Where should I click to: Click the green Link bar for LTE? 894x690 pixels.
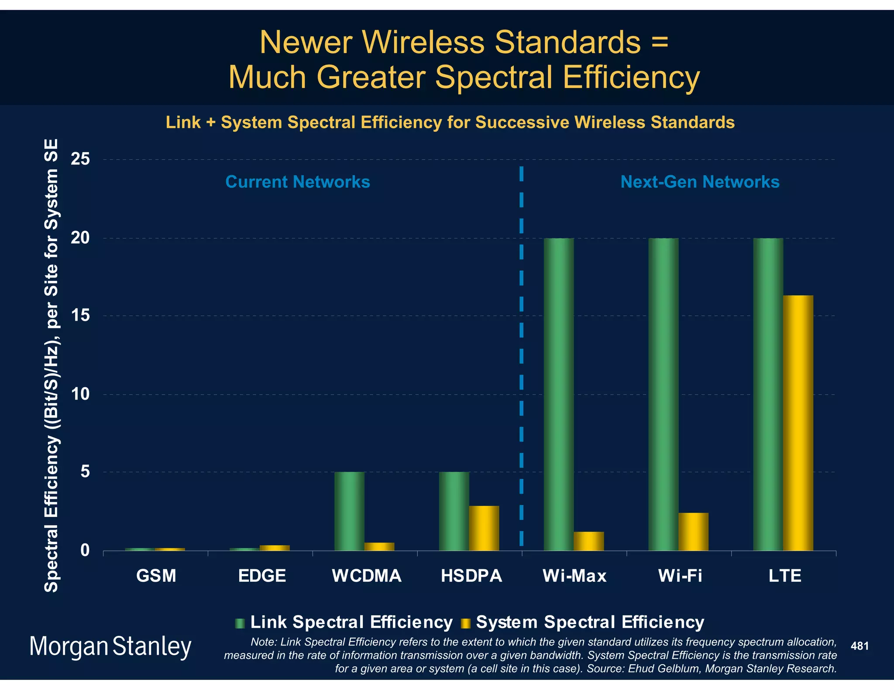(768, 394)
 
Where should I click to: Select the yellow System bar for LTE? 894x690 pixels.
(798, 423)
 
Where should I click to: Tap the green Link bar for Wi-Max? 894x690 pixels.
(558, 394)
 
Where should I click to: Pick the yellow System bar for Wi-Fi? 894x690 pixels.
(693, 532)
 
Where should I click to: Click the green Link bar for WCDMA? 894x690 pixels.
(349, 511)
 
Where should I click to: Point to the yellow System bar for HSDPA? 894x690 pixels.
(484, 528)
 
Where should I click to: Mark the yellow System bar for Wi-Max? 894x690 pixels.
(588, 541)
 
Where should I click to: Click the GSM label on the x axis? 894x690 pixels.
(156, 576)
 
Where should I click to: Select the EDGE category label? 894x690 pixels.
(262, 576)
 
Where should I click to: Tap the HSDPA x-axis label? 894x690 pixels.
(471, 576)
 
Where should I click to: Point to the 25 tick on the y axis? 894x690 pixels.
(80, 159)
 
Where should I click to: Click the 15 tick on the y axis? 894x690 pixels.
(80, 315)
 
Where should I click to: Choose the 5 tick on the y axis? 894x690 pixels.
(85, 471)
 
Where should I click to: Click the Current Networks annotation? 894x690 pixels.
(297, 182)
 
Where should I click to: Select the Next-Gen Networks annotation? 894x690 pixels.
(700, 182)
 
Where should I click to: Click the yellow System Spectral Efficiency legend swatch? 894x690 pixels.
(466, 623)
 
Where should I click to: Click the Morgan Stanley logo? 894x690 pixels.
(110, 647)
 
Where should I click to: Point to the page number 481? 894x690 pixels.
(860, 646)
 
